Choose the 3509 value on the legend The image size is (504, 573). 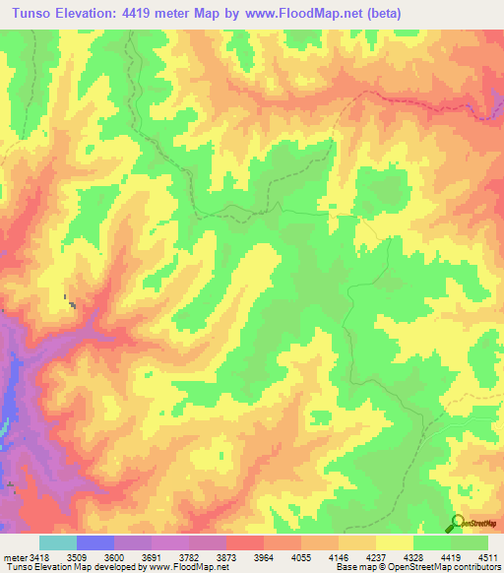(x=76, y=557)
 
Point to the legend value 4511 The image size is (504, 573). (x=485, y=557)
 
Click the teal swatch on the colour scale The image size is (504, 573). (x=57, y=542)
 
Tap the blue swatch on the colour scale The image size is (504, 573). (x=94, y=542)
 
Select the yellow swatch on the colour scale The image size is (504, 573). (x=394, y=542)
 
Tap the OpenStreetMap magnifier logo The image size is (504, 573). (x=459, y=523)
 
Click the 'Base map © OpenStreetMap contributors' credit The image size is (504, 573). (x=417, y=568)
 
